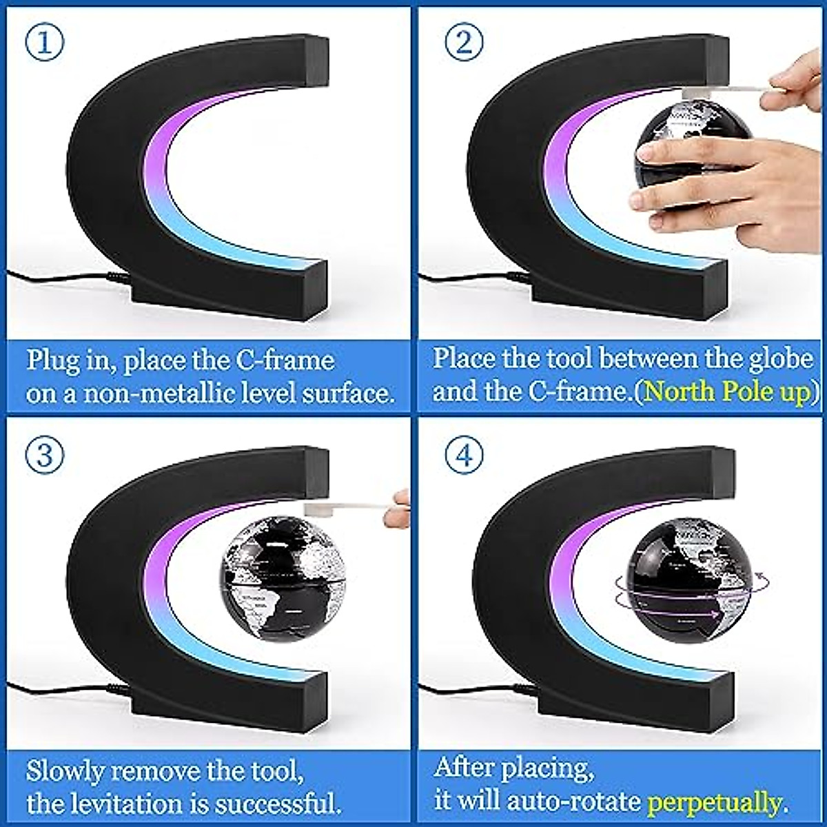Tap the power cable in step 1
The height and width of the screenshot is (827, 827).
[55, 276]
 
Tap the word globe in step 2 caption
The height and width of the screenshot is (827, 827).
[779, 360]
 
